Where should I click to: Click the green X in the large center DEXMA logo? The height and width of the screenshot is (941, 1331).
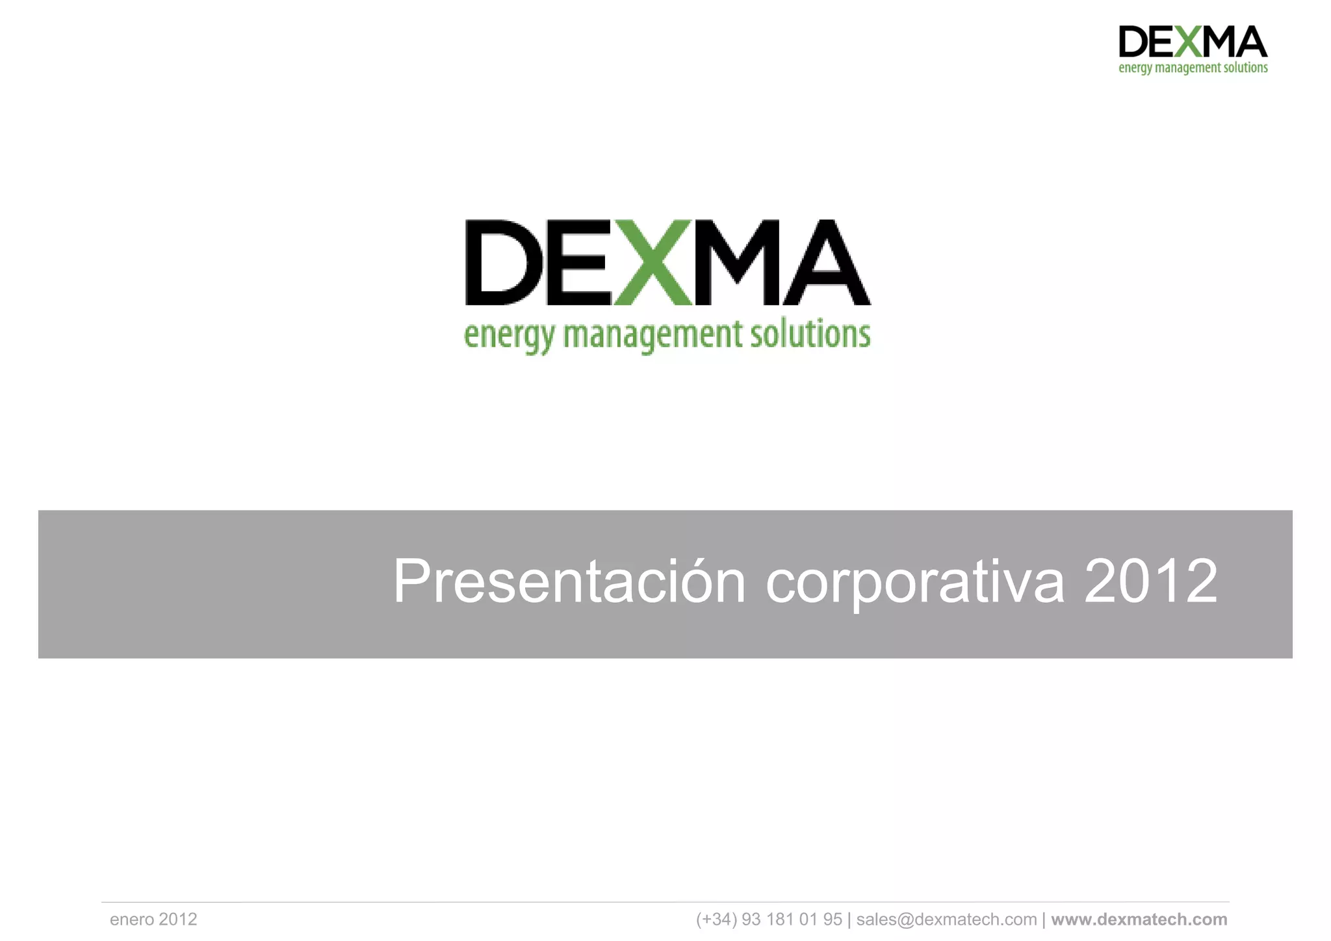click(653, 263)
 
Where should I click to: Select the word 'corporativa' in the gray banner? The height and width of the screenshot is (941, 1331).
click(915, 581)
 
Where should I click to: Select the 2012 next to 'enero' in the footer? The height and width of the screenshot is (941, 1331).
click(177, 920)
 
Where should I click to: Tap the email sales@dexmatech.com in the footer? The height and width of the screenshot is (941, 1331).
click(946, 920)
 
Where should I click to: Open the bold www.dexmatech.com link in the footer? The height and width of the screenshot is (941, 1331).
click(1139, 920)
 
